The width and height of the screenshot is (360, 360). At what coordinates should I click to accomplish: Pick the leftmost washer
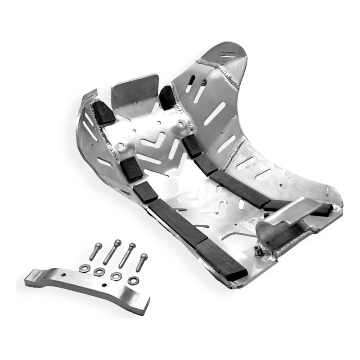coord(84,269)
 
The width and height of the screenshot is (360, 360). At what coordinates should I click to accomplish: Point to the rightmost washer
coord(133,280)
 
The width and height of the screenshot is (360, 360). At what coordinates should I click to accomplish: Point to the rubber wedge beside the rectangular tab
coord(166,98)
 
